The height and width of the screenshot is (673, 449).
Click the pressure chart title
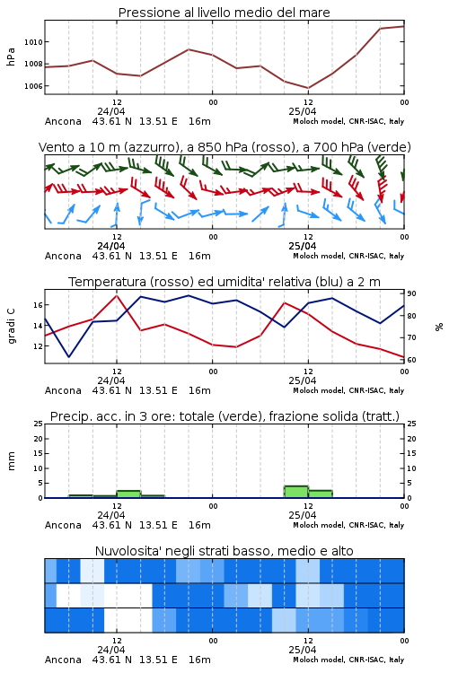tap(224, 13)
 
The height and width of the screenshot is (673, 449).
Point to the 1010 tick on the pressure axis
tap(33, 42)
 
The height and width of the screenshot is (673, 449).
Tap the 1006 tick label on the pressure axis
tap(33, 86)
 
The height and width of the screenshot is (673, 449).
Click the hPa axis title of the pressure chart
tap(11, 57)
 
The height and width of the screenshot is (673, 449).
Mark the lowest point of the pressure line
tap(308, 88)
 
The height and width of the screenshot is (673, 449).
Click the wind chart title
tap(224, 147)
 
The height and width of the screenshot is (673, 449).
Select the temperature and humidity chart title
tap(224, 282)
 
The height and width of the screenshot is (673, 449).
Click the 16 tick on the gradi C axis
tap(39, 305)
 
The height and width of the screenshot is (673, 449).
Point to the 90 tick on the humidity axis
tap(411, 293)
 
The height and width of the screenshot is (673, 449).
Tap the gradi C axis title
tap(11, 326)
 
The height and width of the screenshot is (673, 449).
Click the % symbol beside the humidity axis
tap(439, 327)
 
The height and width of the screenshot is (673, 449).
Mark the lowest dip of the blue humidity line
tap(69, 356)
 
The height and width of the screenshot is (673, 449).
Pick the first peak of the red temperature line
tap(117, 295)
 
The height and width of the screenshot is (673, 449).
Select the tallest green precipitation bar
tap(296, 492)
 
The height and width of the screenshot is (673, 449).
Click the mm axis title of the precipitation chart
tap(11, 461)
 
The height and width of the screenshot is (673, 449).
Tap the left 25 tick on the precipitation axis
tap(39, 424)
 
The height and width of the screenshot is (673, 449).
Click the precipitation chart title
tap(224, 416)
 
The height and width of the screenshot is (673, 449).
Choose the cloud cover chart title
tap(224, 551)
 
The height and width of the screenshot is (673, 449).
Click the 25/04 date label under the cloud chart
tap(302, 650)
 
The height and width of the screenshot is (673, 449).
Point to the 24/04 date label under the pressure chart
tap(110, 111)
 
